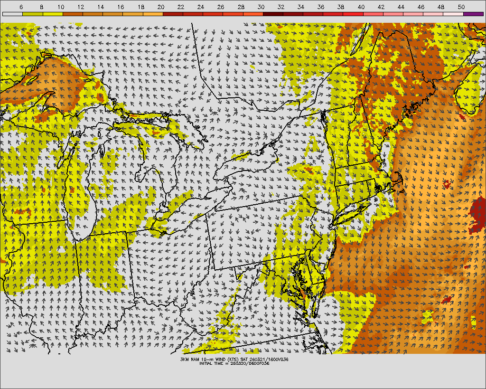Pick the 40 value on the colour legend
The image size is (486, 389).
click(x=361, y=7)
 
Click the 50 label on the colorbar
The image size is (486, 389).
click(x=461, y=7)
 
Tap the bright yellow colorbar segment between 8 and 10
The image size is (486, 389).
click(x=52, y=14)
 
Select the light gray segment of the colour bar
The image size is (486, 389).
click(x=12, y=14)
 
